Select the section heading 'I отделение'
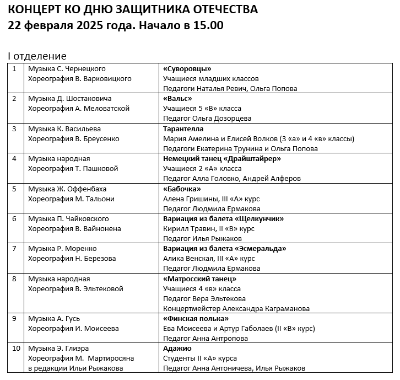click(x=37, y=56)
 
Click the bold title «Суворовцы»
click(x=187, y=69)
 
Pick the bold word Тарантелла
click(x=183, y=129)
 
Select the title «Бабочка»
click(x=182, y=189)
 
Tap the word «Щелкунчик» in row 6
click(x=258, y=219)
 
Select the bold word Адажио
click(x=177, y=349)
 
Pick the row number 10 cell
click(x=17, y=349)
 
